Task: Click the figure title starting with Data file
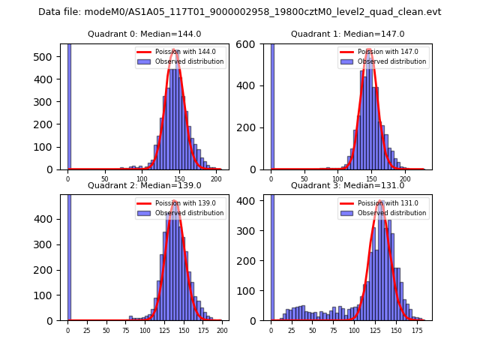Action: pyautogui.click(x=239, y=12)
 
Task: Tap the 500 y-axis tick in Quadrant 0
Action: pyautogui.click(x=49, y=57)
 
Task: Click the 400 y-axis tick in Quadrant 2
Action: pyautogui.click(x=49, y=219)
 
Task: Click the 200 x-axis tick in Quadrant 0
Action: pyautogui.click(x=216, y=179)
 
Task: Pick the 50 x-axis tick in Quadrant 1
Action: pyautogui.click(x=304, y=179)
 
